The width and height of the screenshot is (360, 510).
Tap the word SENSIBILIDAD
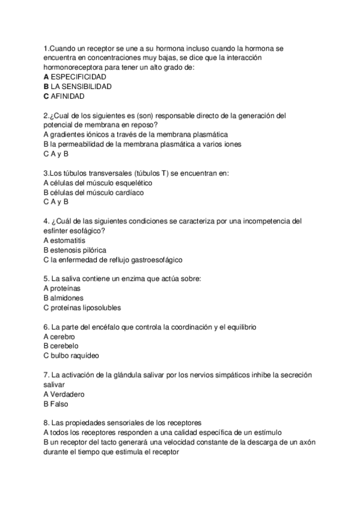88,86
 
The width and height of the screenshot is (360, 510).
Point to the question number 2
46,115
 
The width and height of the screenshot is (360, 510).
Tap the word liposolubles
100,307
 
